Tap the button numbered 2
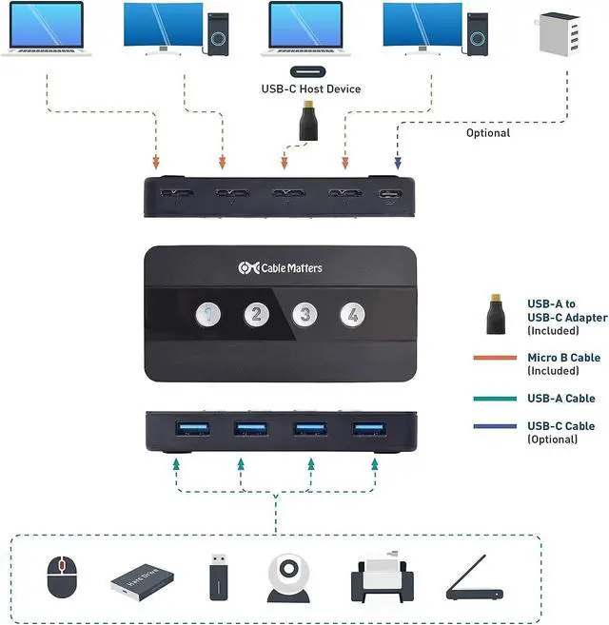click(256, 315)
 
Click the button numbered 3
click(304, 315)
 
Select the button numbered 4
click(353, 315)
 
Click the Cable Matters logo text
click(281, 268)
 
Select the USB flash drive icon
click(217, 576)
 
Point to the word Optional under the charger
click(488, 133)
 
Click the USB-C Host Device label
click(311, 89)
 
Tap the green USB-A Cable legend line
click(494, 399)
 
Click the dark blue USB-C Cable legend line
click(494, 425)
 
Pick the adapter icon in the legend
click(493, 313)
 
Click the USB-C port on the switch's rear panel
click(390, 195)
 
